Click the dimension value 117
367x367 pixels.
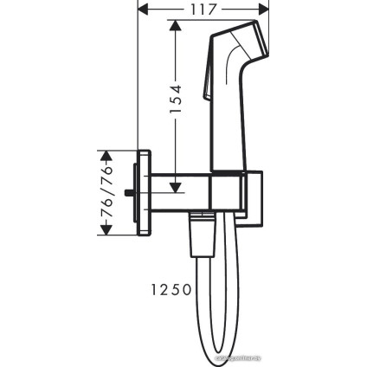203,10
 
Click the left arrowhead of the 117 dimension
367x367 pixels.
143,10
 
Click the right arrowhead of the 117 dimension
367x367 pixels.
266,10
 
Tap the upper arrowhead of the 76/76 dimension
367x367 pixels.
107,157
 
